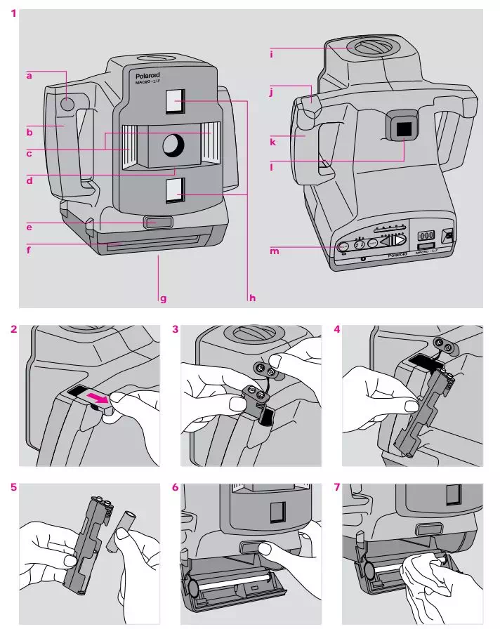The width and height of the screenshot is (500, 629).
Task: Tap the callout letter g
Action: (x=163, y=298)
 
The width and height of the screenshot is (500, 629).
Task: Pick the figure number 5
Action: (x=15, y=487)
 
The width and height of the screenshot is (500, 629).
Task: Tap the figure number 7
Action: (x=338, y=487)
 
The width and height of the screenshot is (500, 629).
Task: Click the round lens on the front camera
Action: (x=173, y=145)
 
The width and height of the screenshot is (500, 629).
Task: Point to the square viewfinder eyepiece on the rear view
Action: (x=402, y=128)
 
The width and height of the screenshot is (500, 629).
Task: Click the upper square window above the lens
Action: (x=174, y=102)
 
